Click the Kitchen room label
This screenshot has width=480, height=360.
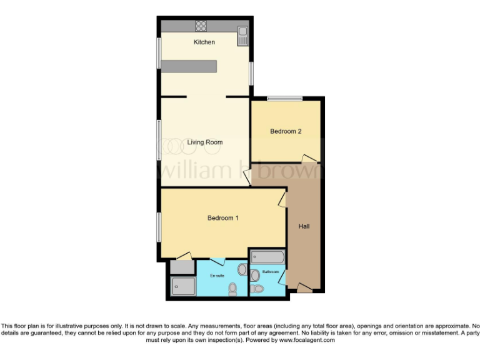[x=204, y=42]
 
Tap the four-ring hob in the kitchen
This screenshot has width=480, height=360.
[x=201, y=26]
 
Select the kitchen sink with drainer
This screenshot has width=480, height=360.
[x=242, y=35]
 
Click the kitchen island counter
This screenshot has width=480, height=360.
[x=189, y=66]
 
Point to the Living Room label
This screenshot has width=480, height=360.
[x=205, y=142]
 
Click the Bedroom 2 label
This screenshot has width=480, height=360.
[x=286, y=131]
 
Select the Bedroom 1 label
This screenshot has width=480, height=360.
[x=223, y=218]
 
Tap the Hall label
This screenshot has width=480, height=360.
[x=304, y=226]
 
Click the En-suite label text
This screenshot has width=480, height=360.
[x=217, y=276]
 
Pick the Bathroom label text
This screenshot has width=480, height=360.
[x=271, y=272]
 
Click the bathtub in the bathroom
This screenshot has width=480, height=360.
[x=267, y=257]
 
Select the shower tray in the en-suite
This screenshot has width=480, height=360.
[x=183, y=286]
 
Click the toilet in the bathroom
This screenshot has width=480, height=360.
[x=257, y=289]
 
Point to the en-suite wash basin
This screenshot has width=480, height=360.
[x=242, y=269]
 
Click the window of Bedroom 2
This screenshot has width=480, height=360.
[x=284, y=98]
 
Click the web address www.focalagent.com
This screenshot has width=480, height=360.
[x=307, y=341]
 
